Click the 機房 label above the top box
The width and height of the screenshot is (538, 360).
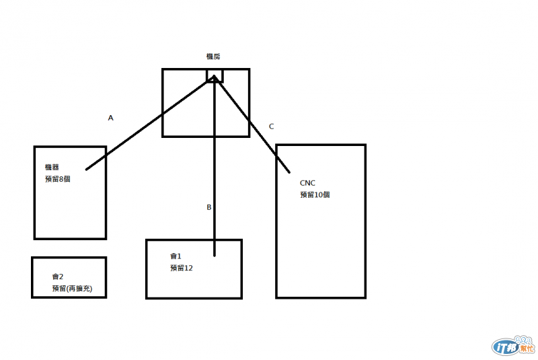point(213,57)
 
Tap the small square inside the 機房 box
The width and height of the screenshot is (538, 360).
point(215,75)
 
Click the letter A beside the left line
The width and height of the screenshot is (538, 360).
point(111,118)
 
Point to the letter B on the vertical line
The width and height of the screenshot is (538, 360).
point(208,207)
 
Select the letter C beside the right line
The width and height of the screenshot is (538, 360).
point(271,126)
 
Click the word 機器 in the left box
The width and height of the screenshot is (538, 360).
point(52,167)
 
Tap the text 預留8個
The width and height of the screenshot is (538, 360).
point(58,179)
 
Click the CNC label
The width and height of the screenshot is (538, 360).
point(308,182)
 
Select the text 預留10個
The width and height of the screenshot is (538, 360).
point(315,194)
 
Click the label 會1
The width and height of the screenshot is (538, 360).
point(176,256)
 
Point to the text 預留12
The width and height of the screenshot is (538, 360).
point(182,268)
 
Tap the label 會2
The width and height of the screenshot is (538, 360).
point(58,277)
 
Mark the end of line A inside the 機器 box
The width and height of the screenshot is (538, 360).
point(87,170)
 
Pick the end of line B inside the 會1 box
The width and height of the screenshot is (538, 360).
point(214,256)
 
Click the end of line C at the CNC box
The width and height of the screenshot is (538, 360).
point(290,173)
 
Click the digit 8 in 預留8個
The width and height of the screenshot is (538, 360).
point(62,179)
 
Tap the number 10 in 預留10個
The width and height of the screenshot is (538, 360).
point(318,194)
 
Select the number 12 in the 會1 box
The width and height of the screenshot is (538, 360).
point(189,268)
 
